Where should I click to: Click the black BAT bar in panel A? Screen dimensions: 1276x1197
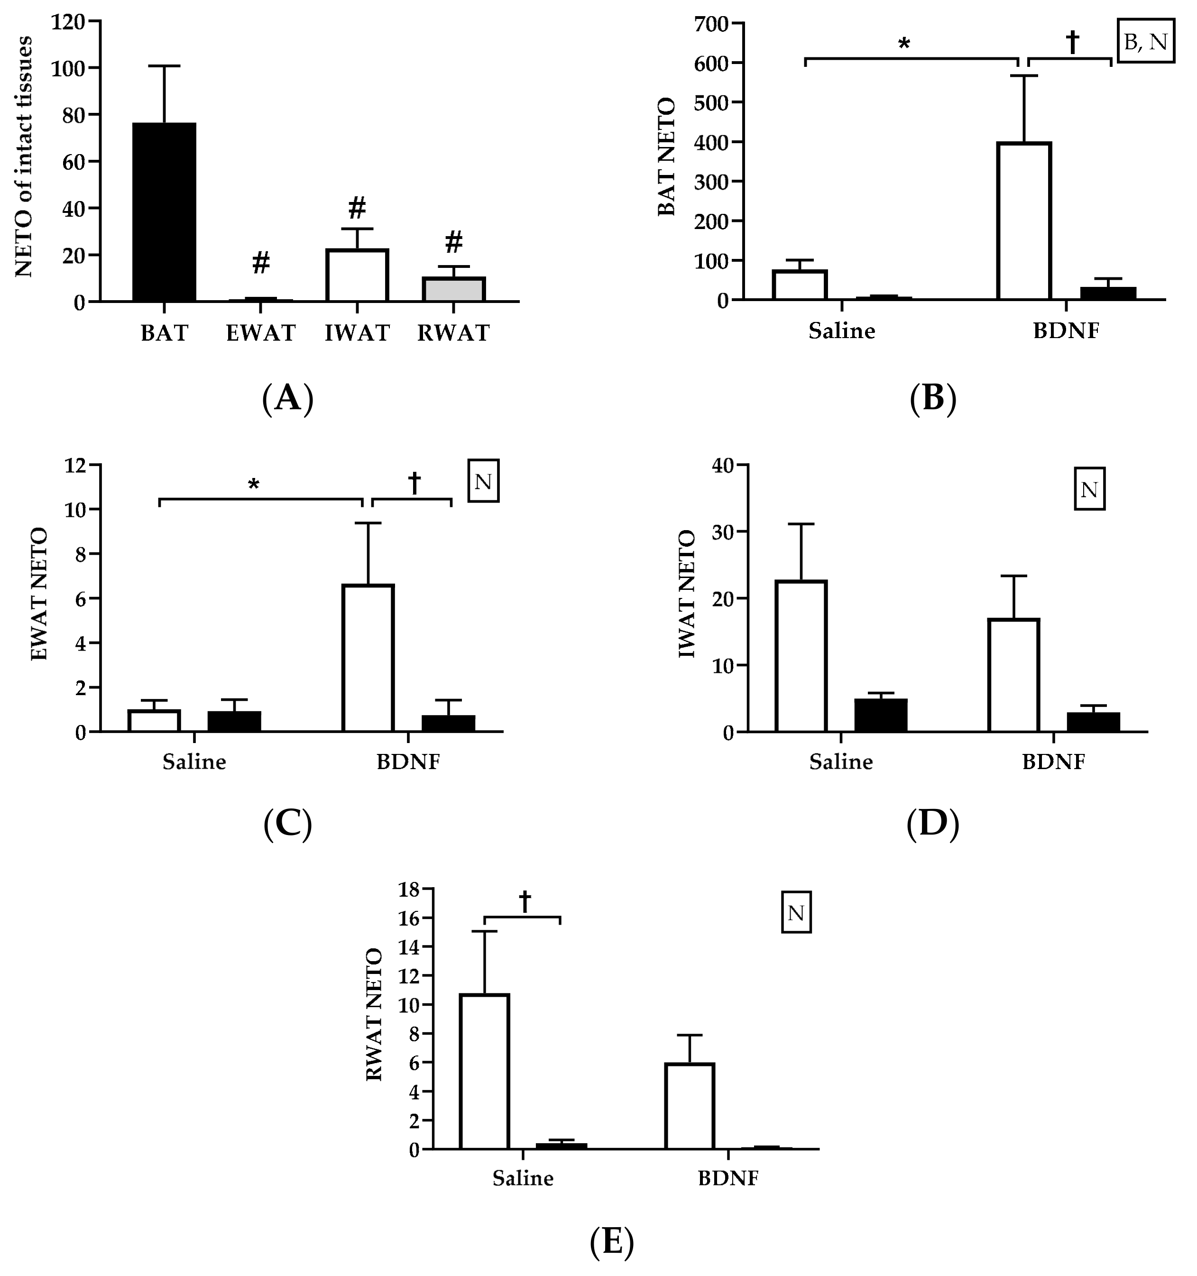[164, 212]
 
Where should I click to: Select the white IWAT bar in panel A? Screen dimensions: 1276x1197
[357, 275]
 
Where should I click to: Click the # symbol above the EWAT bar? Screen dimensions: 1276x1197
[260, 263]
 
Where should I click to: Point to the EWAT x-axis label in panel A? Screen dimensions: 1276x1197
[260, 333]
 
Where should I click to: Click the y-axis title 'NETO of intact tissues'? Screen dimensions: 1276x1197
[24, 157]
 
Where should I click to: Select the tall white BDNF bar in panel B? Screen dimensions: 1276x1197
[1024, 221]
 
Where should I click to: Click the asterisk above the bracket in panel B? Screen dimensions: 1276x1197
[904, 44]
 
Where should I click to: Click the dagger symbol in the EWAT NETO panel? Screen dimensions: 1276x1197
[414, 483]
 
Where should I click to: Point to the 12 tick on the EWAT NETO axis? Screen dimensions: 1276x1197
[76, 465]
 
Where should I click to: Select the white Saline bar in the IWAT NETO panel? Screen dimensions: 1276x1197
[801, 655]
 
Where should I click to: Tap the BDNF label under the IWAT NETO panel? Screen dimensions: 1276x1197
[1053, 762]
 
